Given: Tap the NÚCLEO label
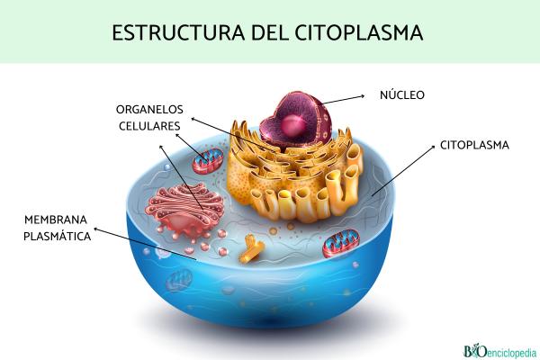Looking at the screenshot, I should (402, 94).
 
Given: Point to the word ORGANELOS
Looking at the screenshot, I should (148, 109).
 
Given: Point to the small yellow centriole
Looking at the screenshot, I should (250, 252).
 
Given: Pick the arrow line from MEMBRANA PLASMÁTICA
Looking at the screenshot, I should (144, 243).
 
